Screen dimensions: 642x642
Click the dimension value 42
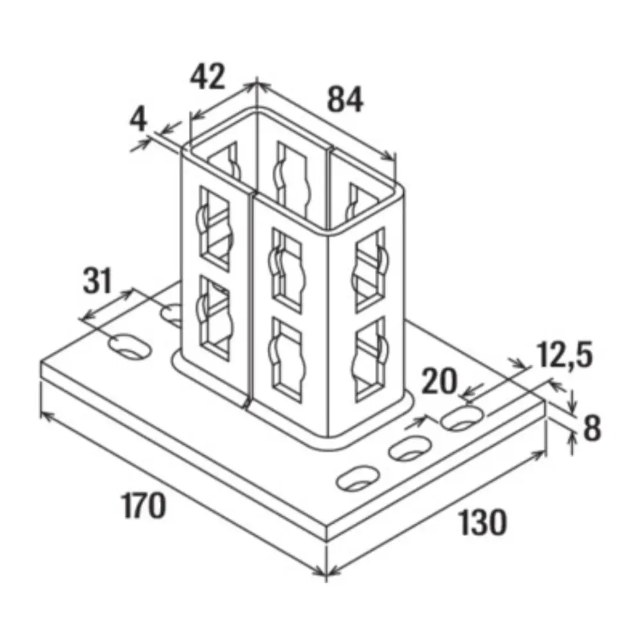207,76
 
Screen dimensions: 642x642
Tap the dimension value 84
345,100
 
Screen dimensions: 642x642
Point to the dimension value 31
98,281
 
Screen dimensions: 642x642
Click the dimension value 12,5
564,354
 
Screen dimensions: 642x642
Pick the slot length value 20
439,381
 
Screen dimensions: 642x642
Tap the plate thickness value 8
592,428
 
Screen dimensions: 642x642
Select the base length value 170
144,506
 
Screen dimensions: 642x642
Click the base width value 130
482,522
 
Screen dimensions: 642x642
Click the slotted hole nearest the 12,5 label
463,418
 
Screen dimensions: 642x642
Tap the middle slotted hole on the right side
410,448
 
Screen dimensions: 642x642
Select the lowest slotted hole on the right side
358,478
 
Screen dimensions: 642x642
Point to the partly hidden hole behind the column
172,315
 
